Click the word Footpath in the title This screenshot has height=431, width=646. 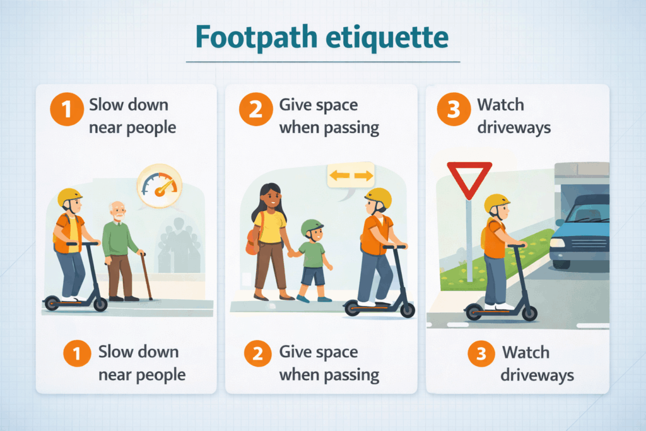pyautogui.click(x=256, y=38)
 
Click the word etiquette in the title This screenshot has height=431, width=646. pyautogui.click(x=387, y=37)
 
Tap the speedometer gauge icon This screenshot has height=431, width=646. pyautogui.click(x=160, y=186)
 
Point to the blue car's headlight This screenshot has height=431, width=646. pyautogui.click(x=558, y=243)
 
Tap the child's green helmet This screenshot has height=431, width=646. pyautogui.click(x=312, y=227)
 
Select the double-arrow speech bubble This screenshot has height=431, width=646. pyautogui.click(x=351, y=178)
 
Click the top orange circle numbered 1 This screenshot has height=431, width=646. pyautogui.click(x=67, y=109)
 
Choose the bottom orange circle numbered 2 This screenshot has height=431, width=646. pyautogui.click(x=257, y=353)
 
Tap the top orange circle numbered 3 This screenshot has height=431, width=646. pyautogui.click(x=454, y=109)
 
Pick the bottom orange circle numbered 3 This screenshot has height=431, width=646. pyautogui.click(x=481, y=353)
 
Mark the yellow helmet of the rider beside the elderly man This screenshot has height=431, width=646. pyautogui.click(x=69, y=196)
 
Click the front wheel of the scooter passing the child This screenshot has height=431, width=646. pyautogui.click(x=408, y=310)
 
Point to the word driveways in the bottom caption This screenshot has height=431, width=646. pyautogui.click(x=537, y=375)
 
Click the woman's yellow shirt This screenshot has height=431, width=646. pyautogui.click(x=270, y=227)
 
